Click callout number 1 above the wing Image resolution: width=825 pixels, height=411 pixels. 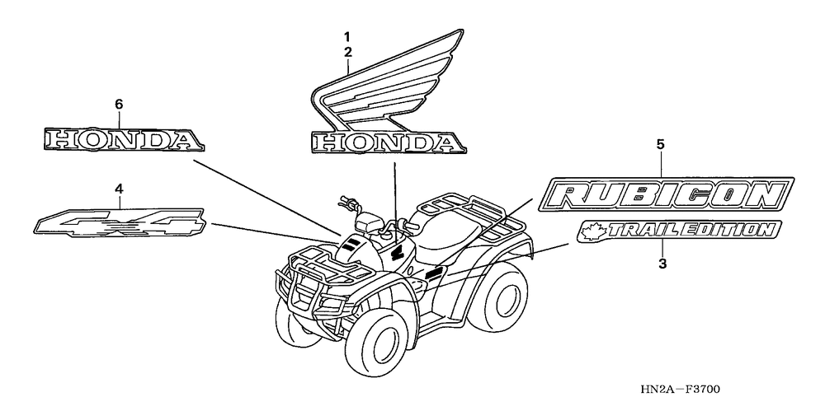(x=347, y=37)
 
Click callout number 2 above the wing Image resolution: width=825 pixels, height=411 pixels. (x=347, y=52)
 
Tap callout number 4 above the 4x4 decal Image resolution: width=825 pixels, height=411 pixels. (x=119, y=189)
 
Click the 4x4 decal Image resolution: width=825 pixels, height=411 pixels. (x=120, y=221)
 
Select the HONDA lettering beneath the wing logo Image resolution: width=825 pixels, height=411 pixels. (x=384, y=143)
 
